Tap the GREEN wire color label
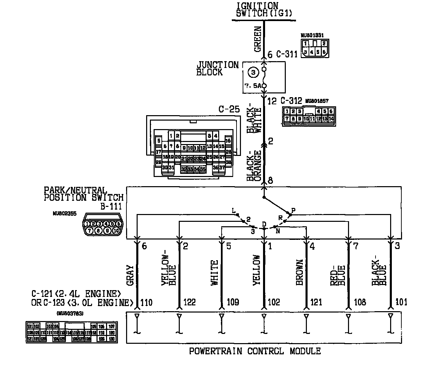pos(258,39)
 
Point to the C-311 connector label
pos(287,54)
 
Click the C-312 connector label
pos(291,101)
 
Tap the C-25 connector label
pos(229,110)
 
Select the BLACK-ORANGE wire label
pos(254,165)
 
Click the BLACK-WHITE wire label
pos(254,120)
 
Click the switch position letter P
pos(293,211)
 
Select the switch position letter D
pos(264,224)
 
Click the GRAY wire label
pos(130,275)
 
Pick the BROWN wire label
pos(299,272)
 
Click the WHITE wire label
pos(214,272)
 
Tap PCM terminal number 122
pos(189,302)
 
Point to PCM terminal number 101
pos(401,302)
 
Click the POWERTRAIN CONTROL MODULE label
pos(255,351)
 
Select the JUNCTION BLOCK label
pos(217,68)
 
